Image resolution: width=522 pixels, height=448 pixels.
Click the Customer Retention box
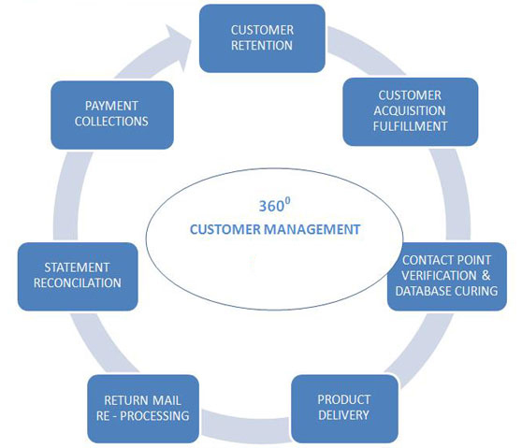[x=262, y=38]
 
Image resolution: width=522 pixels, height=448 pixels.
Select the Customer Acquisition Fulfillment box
[x=410, y=112]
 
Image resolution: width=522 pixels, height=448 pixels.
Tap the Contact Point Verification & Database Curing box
[x=447, y=276]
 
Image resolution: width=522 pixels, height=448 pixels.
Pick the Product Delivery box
[x=344, y=409]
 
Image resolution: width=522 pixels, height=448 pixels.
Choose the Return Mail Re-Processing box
[x=143, y=409]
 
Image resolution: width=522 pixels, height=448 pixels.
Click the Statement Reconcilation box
[x=78, y=276]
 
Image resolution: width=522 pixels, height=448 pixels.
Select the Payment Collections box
[x=112, y=115]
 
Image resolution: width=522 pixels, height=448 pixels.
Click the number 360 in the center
[x=271, y=207]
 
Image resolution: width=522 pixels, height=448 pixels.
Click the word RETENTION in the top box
[x=262, y=45]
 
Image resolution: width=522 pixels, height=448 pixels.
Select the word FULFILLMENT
[x=410, y=126]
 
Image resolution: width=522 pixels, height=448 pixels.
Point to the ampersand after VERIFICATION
[x=486, y=275]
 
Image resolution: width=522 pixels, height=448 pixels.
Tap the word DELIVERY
[x=343, y=415]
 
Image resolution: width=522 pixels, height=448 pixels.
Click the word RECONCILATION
[x=78, y=282]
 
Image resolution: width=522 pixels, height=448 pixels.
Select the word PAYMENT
[x=111, y=106]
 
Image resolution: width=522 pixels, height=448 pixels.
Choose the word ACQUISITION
[x=410, y=110]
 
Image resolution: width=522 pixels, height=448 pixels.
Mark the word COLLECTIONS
[x=111, y=122]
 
